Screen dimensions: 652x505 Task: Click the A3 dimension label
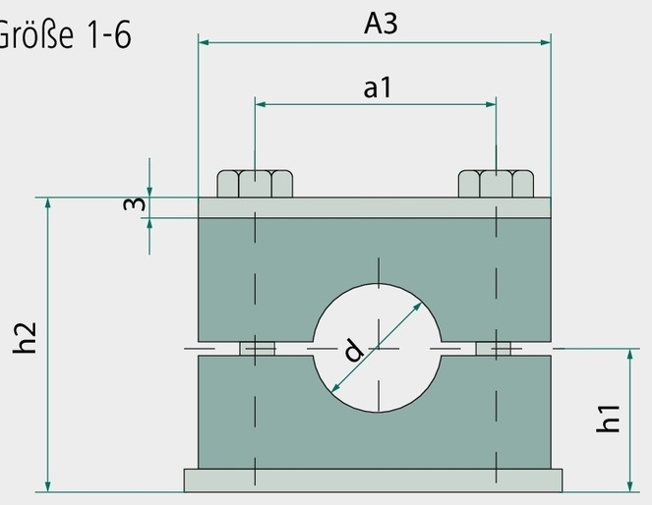point(381,24)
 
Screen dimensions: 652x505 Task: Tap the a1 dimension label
point(378,88)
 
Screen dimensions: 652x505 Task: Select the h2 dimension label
point(25,338)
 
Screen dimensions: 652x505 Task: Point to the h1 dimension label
point(608,419)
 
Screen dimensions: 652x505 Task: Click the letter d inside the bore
point(353,350)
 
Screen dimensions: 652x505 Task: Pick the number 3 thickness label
point(135,204)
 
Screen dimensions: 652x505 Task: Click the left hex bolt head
point(255,184)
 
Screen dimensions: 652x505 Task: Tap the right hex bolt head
point(496,184)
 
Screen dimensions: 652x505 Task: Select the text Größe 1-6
point(64,34)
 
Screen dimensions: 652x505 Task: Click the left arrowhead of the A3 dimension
point(204,42)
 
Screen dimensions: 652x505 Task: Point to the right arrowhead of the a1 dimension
point(491,104)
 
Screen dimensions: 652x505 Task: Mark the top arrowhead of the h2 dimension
point(48,203)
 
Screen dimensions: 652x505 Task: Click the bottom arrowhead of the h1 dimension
point(630,486)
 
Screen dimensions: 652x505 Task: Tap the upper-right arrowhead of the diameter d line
point(417,308)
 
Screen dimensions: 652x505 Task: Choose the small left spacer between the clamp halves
point(257,349)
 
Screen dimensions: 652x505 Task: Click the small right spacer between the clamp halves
point(493,349)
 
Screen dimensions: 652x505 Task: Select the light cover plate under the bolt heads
point(375,207)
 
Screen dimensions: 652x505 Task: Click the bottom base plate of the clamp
point(373,480)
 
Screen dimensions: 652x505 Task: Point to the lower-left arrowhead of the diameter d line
point(335,388)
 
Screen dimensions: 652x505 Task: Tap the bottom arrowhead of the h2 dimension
point(48,486)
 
